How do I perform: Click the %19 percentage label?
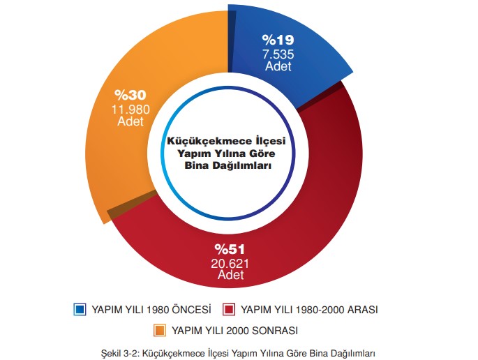click(278, 40)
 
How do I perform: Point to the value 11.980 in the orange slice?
click(130, 108)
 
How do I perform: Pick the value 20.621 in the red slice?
click(230, 263)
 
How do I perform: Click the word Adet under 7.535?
click(278, 66)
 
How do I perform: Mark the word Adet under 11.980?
click(130, 121)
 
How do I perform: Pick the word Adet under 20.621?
click(230, 276)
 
